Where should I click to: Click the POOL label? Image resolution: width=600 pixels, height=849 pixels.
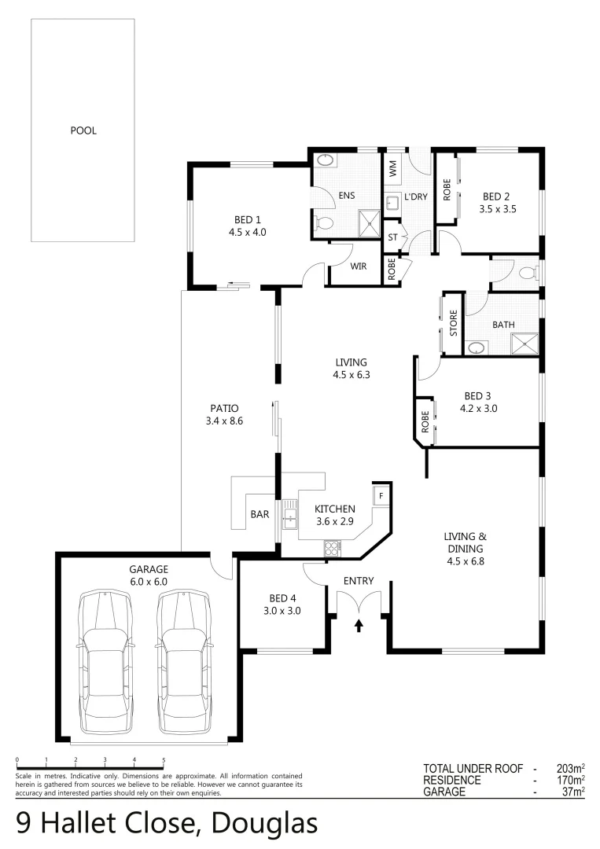83,130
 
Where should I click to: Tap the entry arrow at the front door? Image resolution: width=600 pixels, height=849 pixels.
359,626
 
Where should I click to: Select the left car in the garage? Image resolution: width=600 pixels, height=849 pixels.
105,663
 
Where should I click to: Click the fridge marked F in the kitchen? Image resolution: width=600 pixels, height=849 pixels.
381,496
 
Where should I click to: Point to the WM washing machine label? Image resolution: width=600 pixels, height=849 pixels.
392,167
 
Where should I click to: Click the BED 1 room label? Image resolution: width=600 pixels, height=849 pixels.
243,220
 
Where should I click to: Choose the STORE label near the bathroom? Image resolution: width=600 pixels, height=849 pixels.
453,323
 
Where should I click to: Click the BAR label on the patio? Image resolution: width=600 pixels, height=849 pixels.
260,515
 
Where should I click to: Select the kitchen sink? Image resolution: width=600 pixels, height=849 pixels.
289,516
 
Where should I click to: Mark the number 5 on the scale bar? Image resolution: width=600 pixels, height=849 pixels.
164,760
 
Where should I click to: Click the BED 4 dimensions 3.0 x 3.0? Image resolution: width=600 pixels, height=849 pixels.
282,610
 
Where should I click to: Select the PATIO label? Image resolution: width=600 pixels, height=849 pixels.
223,408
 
